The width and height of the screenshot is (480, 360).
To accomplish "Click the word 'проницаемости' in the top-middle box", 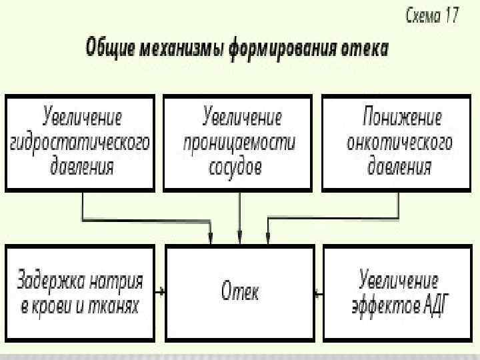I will point(239,142).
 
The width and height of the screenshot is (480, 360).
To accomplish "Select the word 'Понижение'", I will point(402,119).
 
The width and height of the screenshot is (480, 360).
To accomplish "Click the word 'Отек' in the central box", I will point(239,292).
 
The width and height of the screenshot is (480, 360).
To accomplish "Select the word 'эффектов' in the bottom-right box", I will point(385,305).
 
